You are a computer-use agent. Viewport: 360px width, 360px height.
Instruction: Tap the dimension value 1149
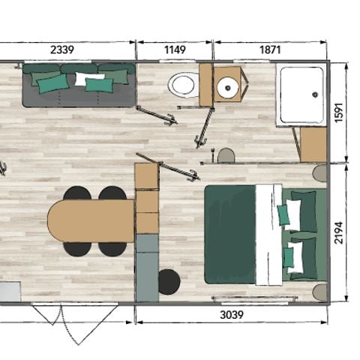(x=174, y=49)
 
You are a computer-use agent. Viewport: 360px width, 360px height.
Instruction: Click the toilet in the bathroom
(x=183, y=85)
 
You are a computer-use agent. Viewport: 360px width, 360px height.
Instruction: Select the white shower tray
(x=301, y=94)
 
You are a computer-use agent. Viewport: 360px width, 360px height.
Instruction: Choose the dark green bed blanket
(x=229, y=234)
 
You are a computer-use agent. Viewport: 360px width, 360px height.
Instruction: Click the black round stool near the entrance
(x=169, y=281)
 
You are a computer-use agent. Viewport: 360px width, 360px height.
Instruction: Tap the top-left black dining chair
(x=76, y=193)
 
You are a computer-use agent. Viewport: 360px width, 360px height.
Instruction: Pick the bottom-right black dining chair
(x=112, y=248)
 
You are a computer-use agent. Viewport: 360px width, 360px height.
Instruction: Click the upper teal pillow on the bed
(x=284, y=214)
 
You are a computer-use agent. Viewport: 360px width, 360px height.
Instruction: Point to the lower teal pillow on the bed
(x=288, y=258)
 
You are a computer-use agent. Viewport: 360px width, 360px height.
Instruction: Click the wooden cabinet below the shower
(x=313, y=144)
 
